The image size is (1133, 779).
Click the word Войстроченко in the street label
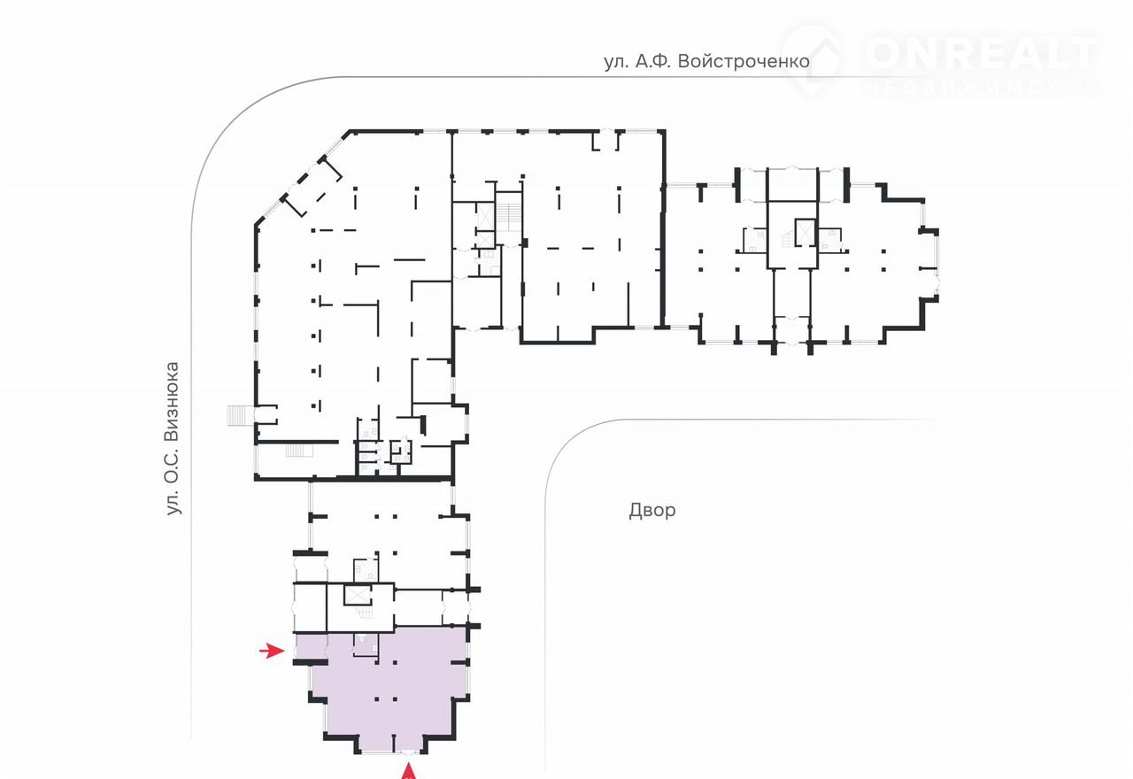click(x=744, y=62)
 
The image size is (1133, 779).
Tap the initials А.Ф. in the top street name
click(x=653, y=62)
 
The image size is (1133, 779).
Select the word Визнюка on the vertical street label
click(x=173, y=403)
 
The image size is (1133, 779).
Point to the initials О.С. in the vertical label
click(x=173, y=467)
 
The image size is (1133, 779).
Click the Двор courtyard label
click(x=652, y=510)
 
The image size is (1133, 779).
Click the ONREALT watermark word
click(x=979, y=53)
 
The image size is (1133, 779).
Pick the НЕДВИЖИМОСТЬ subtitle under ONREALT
click(x=979, y=88)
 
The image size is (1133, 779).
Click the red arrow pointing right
click(x=272, y=650)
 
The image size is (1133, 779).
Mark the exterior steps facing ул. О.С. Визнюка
click(x=240, y=415)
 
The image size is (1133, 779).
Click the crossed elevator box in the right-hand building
click(x=805, y=232)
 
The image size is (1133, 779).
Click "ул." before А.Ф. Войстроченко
click(x=617, y=62)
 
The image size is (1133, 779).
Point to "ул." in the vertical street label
click(x=173, y=503)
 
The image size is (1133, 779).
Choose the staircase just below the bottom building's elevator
click(x=364, y=613)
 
